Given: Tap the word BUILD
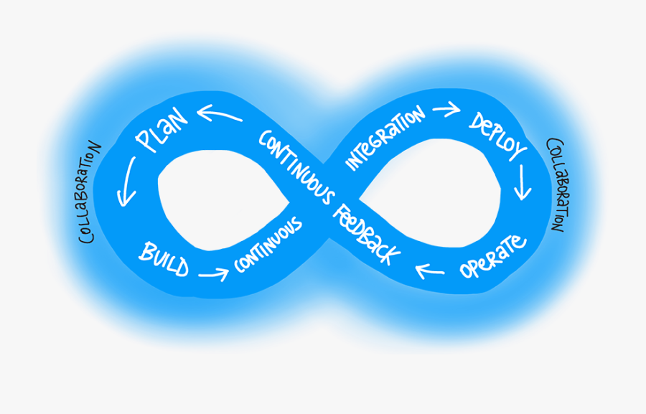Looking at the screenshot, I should (x=164, y=260).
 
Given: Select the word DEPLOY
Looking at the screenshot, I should (x=498, y=136).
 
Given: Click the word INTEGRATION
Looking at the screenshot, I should (x=385, y=138).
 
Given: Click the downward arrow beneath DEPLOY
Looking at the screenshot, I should (x=523, y=184).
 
